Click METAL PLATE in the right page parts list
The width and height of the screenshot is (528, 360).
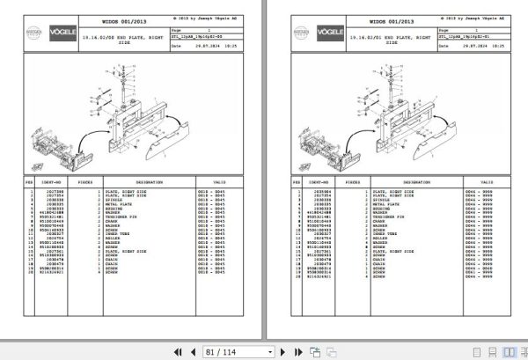click(x=393, y=203)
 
